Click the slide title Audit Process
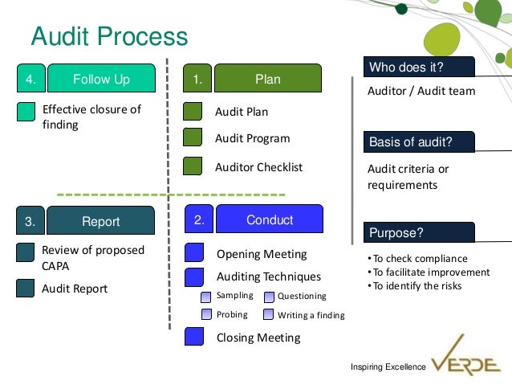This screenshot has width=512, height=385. [x=109, y=37]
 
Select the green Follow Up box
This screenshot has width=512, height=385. [x=101, y=80]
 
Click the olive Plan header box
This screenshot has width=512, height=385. [x=268, y=80]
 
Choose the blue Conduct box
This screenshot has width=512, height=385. [x=270, y=219]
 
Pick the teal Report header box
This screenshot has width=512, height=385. [x=101, y=222]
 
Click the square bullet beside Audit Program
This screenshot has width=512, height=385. [x=193, y=138]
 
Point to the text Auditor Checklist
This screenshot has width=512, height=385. [x=258, y=168]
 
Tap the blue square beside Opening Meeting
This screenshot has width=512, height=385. [x=194, y=253]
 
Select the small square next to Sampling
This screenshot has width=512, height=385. [x=206, y=297]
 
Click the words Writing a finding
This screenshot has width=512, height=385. [x=311, y=315]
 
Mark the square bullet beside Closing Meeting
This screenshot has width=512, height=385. [x=194, y=337]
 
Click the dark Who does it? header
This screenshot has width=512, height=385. [x=418, y=67]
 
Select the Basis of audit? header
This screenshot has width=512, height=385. [x=418, y=142]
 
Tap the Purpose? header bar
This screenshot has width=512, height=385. [x=418, y=234]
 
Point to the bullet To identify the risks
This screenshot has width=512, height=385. [x=416, y=286]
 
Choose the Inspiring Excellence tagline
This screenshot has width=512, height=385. [x=388, y=367]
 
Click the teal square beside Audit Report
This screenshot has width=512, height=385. [x=26, y=289]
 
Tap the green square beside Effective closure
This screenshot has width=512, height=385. [x=26, y=112]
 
